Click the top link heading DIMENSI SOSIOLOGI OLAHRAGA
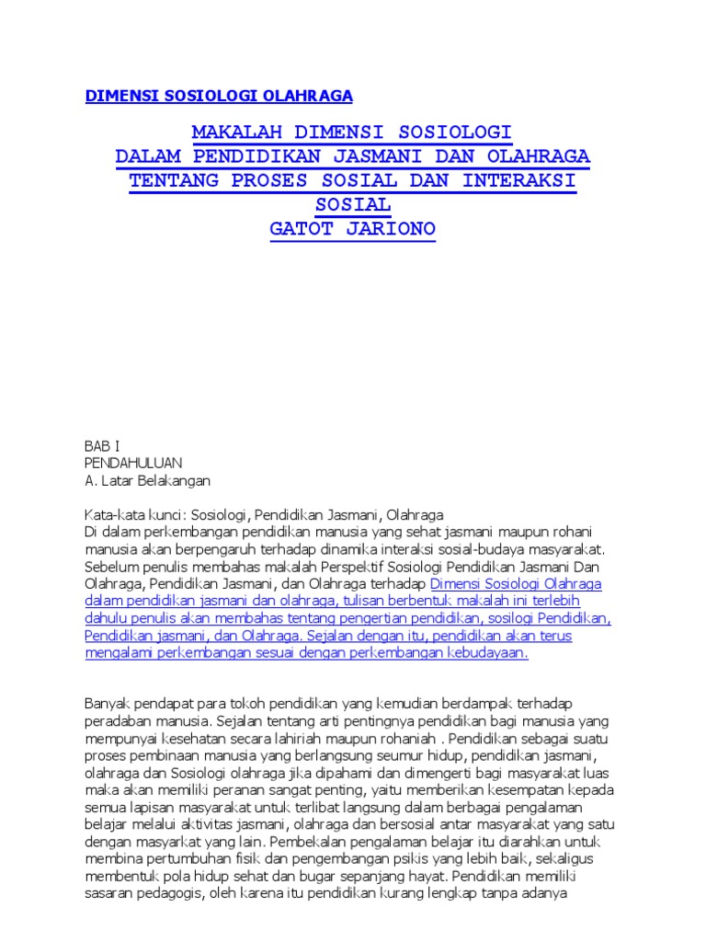219,96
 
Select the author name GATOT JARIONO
352,228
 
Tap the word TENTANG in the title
175,179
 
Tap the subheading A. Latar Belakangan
147,480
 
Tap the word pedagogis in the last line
174,893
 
